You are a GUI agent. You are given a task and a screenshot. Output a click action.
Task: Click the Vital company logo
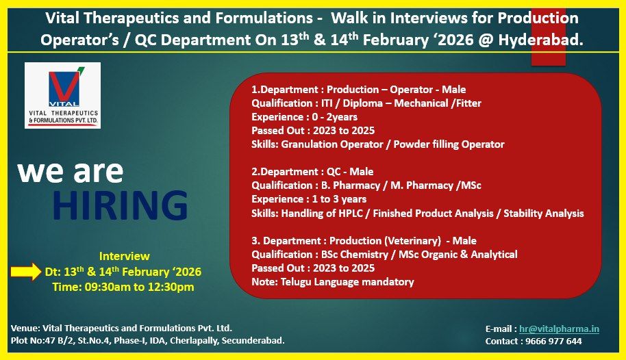[62, 94]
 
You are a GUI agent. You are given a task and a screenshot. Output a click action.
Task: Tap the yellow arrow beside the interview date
[25, 272]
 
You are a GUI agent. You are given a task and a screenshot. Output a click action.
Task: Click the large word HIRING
[121, 205]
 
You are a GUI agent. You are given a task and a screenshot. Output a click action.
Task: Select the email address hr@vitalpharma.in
[559, 329]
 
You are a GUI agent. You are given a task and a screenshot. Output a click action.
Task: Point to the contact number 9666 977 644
[555, 341]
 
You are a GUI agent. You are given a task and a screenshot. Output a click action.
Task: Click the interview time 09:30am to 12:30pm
[123, 287]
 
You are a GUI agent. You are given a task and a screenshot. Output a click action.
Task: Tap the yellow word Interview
[124, 256]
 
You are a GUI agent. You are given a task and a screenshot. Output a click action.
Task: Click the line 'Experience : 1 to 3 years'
[309, 199]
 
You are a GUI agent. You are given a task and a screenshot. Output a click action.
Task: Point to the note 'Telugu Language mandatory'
[333, 281]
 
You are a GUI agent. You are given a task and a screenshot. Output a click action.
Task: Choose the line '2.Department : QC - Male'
[312, 172]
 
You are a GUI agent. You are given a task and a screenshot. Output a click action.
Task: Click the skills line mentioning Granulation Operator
[377, 144]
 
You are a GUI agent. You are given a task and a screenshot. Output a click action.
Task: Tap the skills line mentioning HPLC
[417, 213]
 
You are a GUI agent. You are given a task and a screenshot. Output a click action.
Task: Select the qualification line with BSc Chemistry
[384, 254]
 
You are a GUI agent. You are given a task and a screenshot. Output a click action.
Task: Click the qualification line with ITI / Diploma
[366, 103]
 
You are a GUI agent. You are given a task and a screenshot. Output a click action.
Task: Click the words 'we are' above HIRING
[70, 171]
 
